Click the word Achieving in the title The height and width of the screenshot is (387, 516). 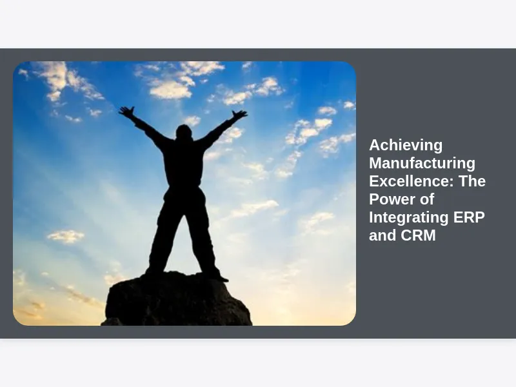(406, 146)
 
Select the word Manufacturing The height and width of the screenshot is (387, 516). (422, 163)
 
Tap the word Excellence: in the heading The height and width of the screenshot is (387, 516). (412, 181)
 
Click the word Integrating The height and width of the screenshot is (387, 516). (409, 217)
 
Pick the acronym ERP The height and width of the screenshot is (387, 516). (470, 217)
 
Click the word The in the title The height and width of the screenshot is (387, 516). (472, 181)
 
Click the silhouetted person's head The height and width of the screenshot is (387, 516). (184, 132)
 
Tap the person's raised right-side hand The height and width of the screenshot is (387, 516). (240, 114)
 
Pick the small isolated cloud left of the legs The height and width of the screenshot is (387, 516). (66, 236)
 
